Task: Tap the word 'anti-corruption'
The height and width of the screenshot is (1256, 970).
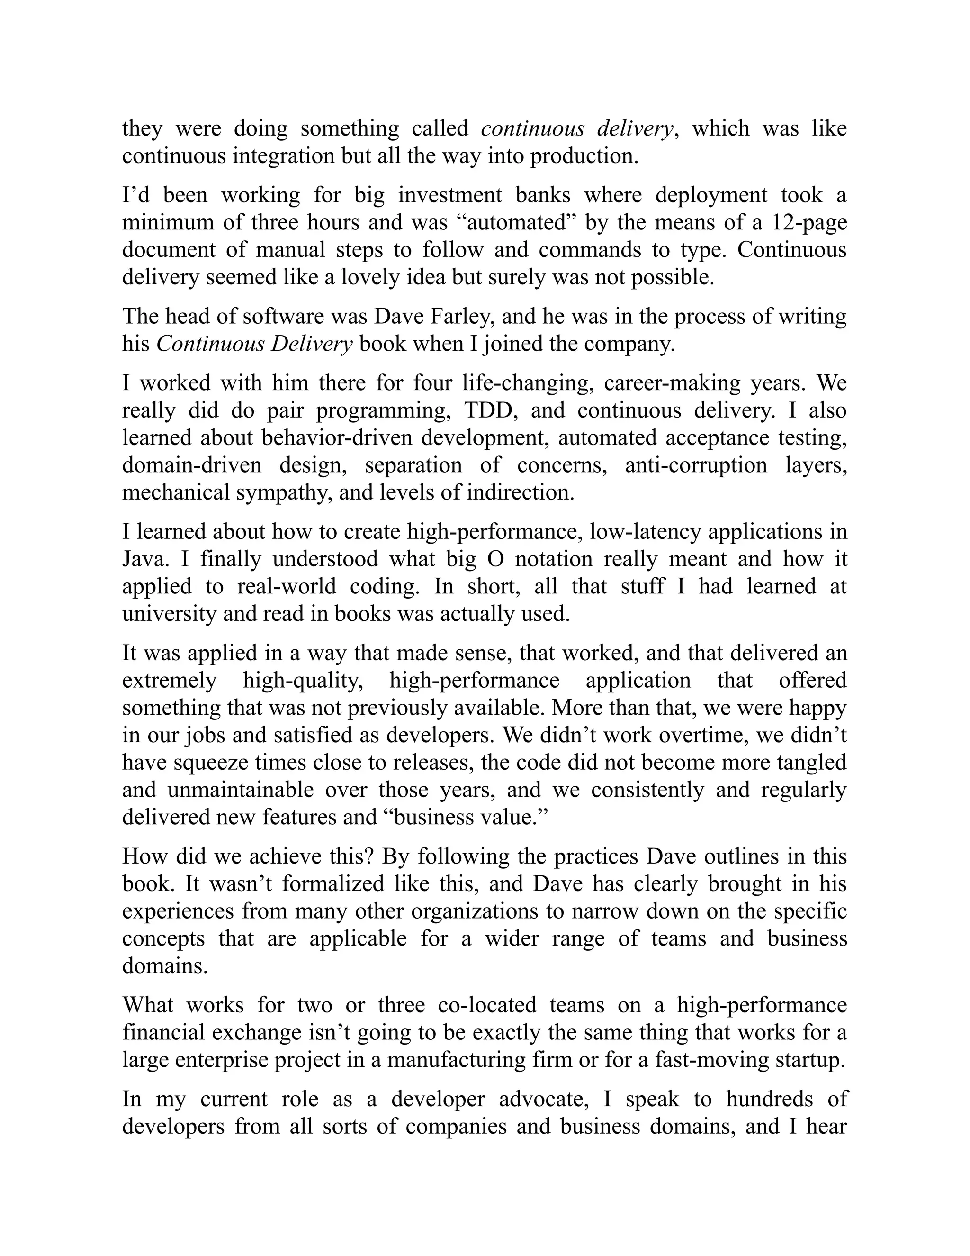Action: click(696, 465)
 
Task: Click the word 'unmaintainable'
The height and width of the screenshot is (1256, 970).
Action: click(240, 790)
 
